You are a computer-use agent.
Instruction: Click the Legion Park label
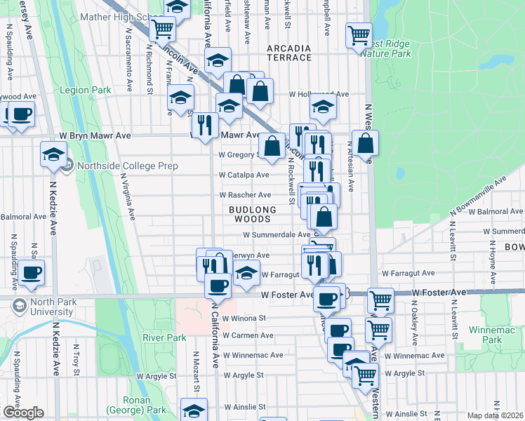[86, 91]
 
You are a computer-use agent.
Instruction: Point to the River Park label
[164, 338]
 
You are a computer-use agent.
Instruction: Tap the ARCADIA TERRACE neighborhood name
[288, 53]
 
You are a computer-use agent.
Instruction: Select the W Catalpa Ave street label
[244, 175]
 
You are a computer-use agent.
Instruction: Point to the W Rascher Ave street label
[245, 195]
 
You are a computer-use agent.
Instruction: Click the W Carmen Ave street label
[247, 335]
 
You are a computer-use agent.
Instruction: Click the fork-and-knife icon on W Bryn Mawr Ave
[205, 125]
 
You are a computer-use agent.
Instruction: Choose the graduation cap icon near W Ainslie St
[194, 410]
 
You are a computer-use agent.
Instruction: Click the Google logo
[22, 413]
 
